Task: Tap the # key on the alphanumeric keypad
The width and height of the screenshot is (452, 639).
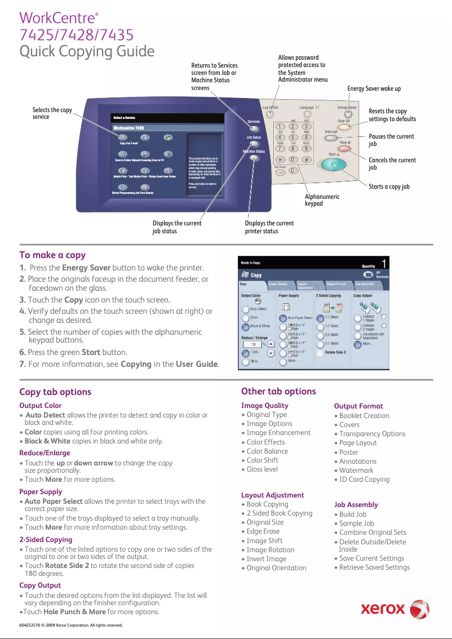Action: click(306, 159)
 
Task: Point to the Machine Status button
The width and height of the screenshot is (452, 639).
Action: click(254, 158)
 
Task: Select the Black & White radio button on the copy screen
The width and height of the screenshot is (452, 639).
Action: click(246, 326)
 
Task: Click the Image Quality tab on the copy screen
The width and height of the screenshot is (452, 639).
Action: click(278, 284)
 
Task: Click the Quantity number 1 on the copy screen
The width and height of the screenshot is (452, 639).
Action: click(384, 264)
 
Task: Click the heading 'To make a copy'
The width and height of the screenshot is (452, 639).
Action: click(52, 255)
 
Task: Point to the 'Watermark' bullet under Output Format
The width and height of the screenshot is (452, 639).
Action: click(356, 470)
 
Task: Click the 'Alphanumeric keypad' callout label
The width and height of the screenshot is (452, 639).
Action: click(322, 200)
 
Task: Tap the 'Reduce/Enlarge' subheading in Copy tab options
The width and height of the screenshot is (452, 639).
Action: click(45, 452)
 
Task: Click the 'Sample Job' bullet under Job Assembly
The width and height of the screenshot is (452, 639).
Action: click(356, 523)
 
